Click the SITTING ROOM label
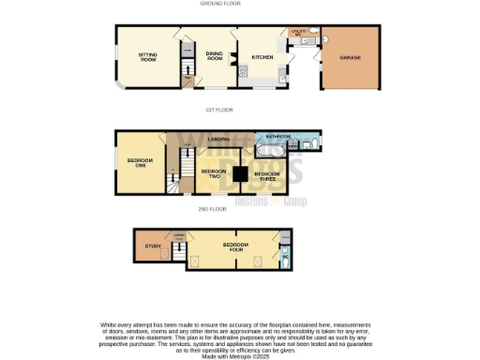pos(147,57)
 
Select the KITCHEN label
pos(262,57)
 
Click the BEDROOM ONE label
pos(140,162)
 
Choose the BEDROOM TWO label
pos(214,173)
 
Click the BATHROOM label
pos(278,137)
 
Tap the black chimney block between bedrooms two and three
pos(241,173)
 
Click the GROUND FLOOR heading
pos(220,4)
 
